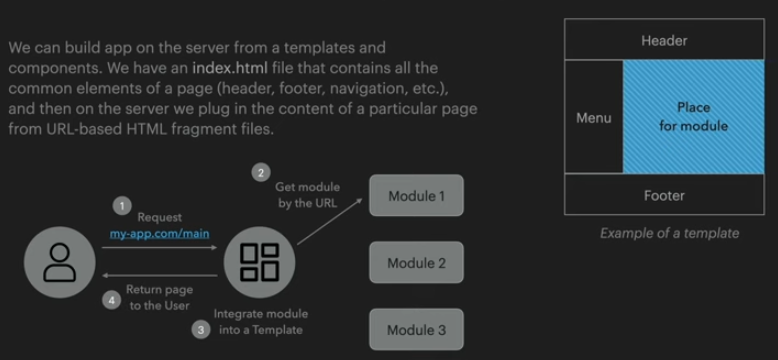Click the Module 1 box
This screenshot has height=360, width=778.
click(x=416, y=195)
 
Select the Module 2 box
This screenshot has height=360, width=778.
click(x=416, y=262)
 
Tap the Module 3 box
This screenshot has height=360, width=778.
click(x=416, y=330)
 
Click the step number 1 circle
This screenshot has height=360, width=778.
click(x=122, y=206)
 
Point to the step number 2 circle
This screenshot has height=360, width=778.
click(x=261, y=173)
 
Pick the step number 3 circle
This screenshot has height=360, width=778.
click(x=201, y=330)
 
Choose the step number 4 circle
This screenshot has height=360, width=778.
click(x=111, y=300)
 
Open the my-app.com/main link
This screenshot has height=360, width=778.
click(x=159, y=233)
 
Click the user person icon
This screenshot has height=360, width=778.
click(x=60, y=263)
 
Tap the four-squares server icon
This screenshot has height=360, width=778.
click(x=259, y=262)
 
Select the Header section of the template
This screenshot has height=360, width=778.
click(x=664, y=40)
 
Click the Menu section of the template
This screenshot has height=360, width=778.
click(x=594, y=117)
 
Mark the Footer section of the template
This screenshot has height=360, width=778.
click(x=664, y=194)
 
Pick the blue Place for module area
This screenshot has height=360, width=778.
click(x=694, y=117)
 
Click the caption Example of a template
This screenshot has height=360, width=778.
click(x=669, y=233)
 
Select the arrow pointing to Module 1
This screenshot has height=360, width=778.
click(x=330, y=221)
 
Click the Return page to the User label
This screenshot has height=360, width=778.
click(x=159, y=298)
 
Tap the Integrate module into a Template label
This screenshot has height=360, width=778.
click(x=261, y=322)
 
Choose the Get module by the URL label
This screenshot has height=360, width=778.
click(x=308, y=195)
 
